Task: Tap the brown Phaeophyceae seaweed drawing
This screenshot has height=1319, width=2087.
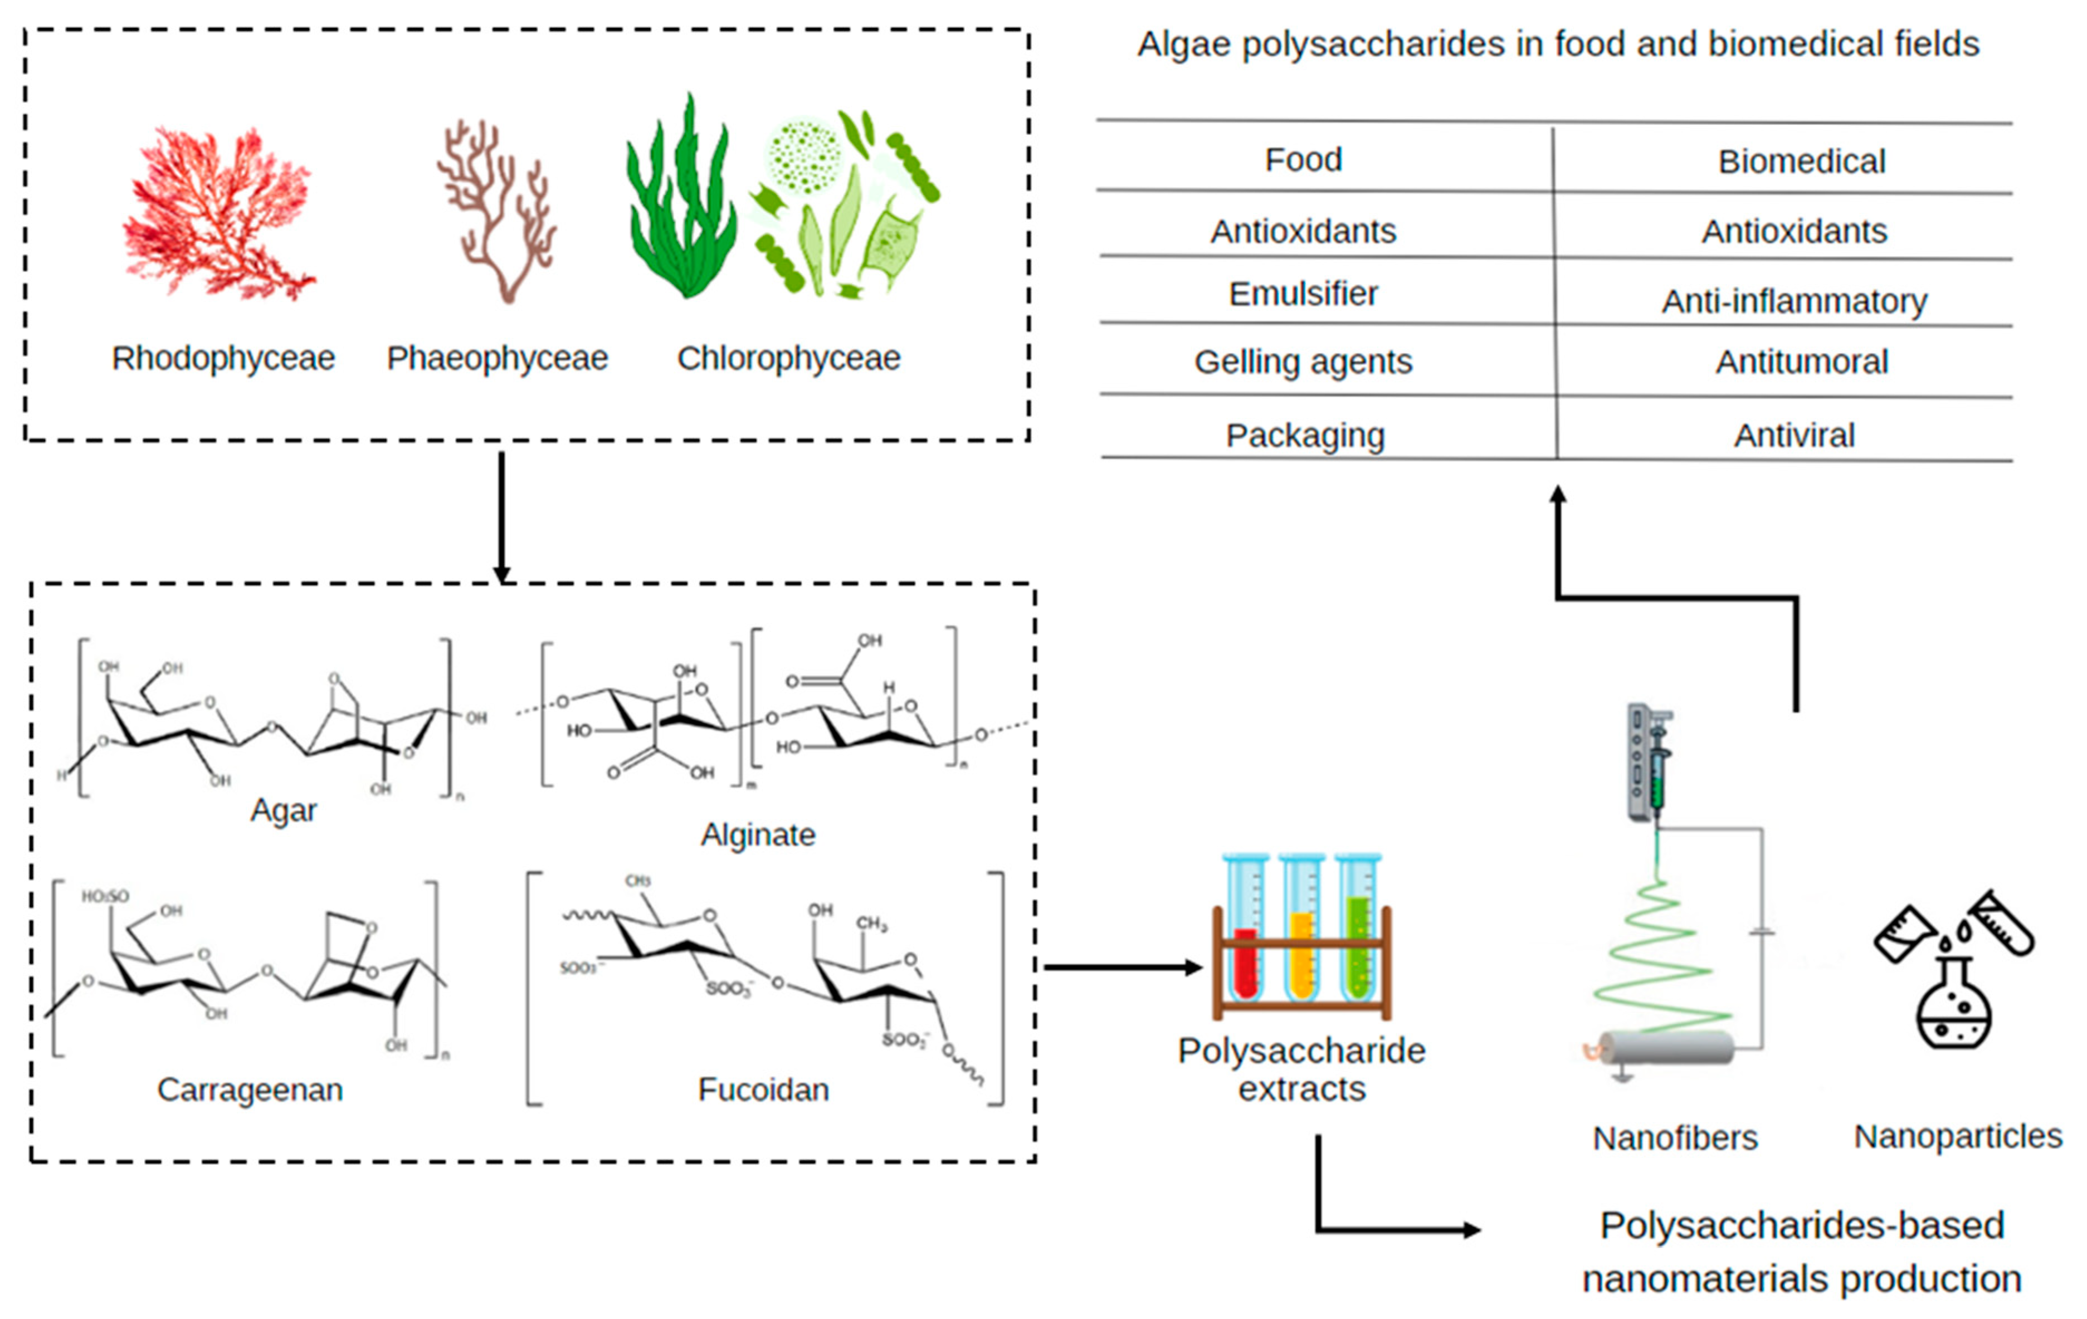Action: [x=498, y=212]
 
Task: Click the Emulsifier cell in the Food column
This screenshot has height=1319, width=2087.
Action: [x=1303, y=294]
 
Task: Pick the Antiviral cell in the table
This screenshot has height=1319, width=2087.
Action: [x=1794, y=435]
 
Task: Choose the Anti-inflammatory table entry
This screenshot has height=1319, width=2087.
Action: [x=1794, y=301]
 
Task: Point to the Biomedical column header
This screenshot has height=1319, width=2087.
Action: [x=1801, y=161]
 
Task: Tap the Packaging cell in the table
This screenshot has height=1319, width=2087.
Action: [x=1304, y=435]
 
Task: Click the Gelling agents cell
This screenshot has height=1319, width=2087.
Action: [x=1303, y=361]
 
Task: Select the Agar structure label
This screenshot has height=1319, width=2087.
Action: [x=284, y=810]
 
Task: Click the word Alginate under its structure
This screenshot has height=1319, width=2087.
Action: [x=758, y=834]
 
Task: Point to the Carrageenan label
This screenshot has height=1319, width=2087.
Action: [x=250, y=1090]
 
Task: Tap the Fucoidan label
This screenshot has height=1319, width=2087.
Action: [x=763, y=1090]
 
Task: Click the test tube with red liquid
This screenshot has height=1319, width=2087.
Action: [x=1245, y=936]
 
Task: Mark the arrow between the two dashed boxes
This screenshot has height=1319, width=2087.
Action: [x=501, y=516]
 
